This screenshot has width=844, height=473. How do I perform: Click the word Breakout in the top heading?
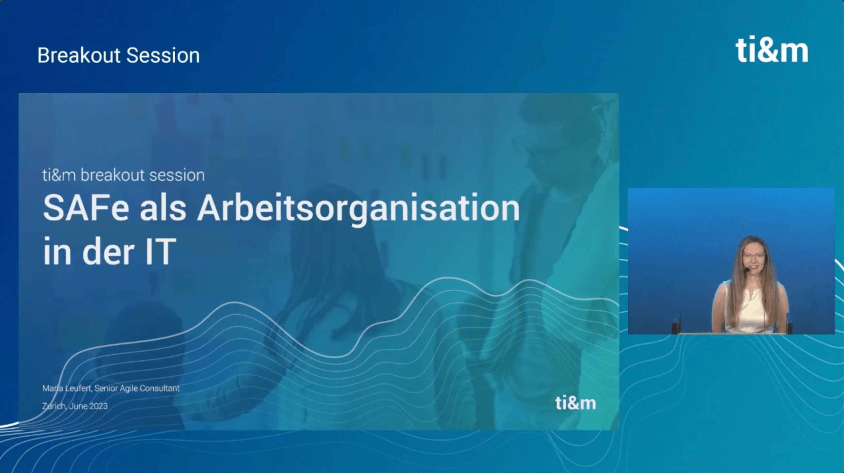tap(79, 55)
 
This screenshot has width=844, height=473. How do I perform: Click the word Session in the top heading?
tap(163, 55)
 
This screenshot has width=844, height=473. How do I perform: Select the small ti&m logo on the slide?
tap(576, 403)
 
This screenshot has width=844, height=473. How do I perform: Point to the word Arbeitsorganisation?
tap(358, 211)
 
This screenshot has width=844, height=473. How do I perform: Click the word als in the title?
tap(163, 208)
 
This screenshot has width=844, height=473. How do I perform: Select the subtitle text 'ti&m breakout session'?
tap(123, 175)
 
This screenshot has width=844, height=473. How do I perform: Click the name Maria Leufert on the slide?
tap(67, 388)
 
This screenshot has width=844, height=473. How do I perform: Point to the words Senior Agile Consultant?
tap(137, 389)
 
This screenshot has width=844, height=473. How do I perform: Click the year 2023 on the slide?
tap(98, 406)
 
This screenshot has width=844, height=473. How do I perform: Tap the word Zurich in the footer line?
tap(54, 406)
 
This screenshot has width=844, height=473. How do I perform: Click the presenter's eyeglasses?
tap(754, 256)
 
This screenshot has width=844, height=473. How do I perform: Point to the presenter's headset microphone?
tap(747, 270)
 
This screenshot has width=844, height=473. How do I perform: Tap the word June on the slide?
tap(78, 406)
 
